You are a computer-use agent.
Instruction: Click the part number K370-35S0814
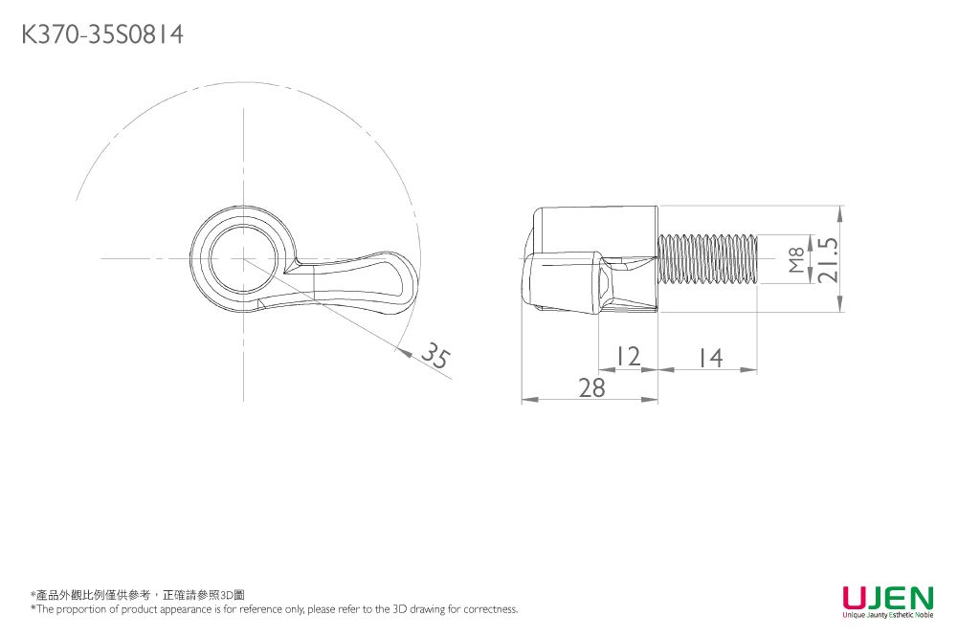[x=102, y=34]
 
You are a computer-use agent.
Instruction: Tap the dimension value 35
[x=436, y=355]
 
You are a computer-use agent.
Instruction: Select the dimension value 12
[x=628, y=356]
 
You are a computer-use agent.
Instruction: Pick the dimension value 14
[x=710, y=358]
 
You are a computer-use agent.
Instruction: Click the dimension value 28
[x=591, y=387]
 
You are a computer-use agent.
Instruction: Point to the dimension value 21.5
[x=828, y=259]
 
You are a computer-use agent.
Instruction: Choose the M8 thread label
[x=796, y=260]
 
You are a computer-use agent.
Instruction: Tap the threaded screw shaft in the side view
[x=708, y=259]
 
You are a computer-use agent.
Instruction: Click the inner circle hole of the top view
[x=243, y=258]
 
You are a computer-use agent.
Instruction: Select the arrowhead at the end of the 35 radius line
[x=403, y=351]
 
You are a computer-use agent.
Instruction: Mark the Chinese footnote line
[x=138, y=595]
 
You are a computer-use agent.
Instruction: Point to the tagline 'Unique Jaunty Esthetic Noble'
[x=888, y=615]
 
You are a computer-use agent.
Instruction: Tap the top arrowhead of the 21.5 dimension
[x=840, y=212]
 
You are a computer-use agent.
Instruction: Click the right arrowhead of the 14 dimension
[x=749, y=369]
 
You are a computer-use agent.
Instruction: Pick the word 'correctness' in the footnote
[x=490, y=609]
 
